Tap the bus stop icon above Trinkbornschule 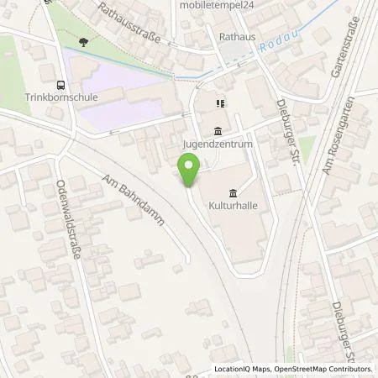coord(60,84)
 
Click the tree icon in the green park coord(82,41)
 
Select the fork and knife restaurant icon coord(219,104)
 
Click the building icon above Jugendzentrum coord(218,131)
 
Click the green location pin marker coord(191,171)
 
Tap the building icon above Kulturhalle coord(233,193)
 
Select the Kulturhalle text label coord(233,205)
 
